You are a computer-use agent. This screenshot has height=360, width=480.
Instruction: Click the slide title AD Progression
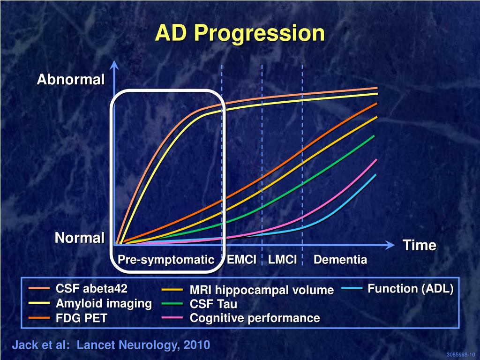pyautogui.click(x=240, y=33)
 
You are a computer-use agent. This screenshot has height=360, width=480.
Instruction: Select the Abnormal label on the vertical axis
pyautogui.click(x=71, y=80)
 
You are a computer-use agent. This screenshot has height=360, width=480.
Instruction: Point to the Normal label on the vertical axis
pyautogui.click(x=80, y=238)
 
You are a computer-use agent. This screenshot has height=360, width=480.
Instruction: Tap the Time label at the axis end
pyautogui.click(x=420, y=245)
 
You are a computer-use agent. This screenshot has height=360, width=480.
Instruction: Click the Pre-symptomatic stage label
pyautogui.click(x=165, y=260)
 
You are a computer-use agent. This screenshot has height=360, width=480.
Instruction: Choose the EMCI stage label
pyautogui.click(x=241, y=260)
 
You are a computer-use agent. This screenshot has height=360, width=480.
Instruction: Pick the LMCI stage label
pyautogui.click(x=283, y=260)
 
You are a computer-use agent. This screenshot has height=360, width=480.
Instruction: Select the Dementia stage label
pyautogui.click(x=340, y=260)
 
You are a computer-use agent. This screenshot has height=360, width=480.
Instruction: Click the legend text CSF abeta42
pyautogui.click(x=92, y=288)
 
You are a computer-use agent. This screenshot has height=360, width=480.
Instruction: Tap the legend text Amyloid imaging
pyautogui.click(x=104, y=303)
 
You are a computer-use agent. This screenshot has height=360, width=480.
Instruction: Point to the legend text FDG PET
pyautogui.click(x=82, y=319)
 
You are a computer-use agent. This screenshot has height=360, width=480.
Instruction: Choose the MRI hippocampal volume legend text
pyautogui.click(x=262, y=290)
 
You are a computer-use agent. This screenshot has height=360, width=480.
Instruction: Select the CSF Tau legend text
pyautogui.click(x=213, y=304)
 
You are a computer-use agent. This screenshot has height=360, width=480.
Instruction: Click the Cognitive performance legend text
pyautogui.click(x=255, y=318)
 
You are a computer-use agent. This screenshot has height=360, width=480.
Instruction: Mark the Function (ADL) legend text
pyautogui.click(x=411, y=289)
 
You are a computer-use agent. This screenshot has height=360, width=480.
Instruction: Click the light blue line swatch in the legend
pyautogui.click(x=352, y=289)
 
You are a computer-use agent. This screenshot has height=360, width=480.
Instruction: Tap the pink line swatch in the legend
pyautogui.click(x=172, y=318)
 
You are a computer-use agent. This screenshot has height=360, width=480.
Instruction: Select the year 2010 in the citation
pyautogui.click(x=197, y=345)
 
